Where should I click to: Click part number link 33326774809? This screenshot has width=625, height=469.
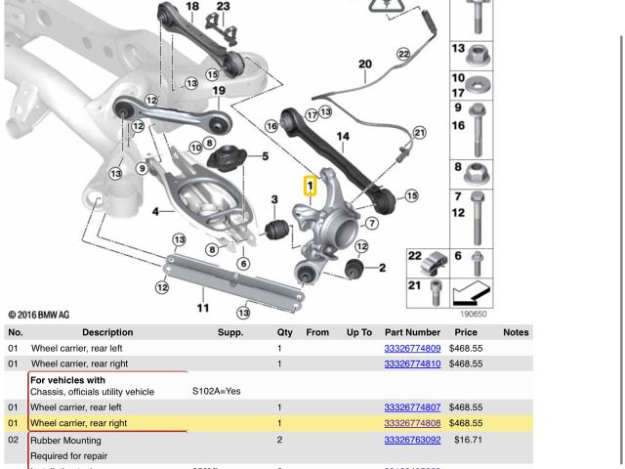point(412,348)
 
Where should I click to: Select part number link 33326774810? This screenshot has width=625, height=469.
point(412,363)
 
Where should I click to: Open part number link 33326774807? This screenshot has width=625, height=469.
point(412,407)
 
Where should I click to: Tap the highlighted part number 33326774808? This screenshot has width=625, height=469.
point(412,424)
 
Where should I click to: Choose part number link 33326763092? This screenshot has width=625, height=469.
point(412,441)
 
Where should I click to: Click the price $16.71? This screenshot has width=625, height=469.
point(468,441)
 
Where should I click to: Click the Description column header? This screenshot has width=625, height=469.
point(107,332)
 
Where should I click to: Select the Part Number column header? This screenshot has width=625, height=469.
point(412,332)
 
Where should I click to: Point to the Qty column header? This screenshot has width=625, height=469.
point(284,332)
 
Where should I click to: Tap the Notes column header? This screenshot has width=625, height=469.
point(516,332)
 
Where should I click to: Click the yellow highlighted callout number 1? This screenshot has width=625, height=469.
point(310,185)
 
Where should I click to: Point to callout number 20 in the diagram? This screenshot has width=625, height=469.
point(364,65)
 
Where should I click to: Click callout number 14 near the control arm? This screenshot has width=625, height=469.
point(343,138)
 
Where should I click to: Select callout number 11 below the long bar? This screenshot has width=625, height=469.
point(203,309)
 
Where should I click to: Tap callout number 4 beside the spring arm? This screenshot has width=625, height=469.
point(155,211)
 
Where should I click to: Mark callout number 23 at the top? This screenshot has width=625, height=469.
point(224,7)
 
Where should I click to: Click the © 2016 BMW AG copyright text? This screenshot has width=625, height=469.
point(39,315)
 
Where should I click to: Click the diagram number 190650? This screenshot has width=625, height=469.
point(473,314)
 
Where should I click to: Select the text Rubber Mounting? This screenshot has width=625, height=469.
point(64,441)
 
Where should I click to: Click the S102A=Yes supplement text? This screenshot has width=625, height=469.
point(216,392)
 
